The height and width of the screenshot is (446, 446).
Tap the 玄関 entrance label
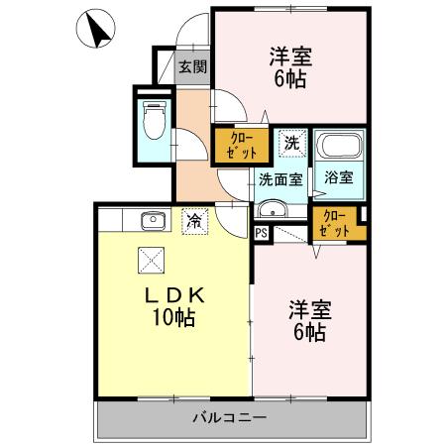click(x=192, y=67)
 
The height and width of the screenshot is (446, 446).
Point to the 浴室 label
click(x=339, y=179)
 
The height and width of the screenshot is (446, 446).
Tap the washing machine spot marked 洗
click(x=291, y=143)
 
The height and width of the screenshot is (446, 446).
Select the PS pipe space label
click(x=262, y=234)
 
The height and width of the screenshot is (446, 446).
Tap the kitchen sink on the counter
click(x=151, y=220)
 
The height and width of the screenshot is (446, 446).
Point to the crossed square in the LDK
click(x=151, y=260)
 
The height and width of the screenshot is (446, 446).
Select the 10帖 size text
click(x=174, y=318)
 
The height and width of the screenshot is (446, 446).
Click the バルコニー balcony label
click(x=229, y=418)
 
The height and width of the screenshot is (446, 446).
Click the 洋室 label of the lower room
click(x=309, y=308)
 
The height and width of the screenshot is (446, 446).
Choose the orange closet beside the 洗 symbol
click(x=239, y=145)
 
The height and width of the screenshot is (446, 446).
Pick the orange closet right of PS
click(x=334, y=224)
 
